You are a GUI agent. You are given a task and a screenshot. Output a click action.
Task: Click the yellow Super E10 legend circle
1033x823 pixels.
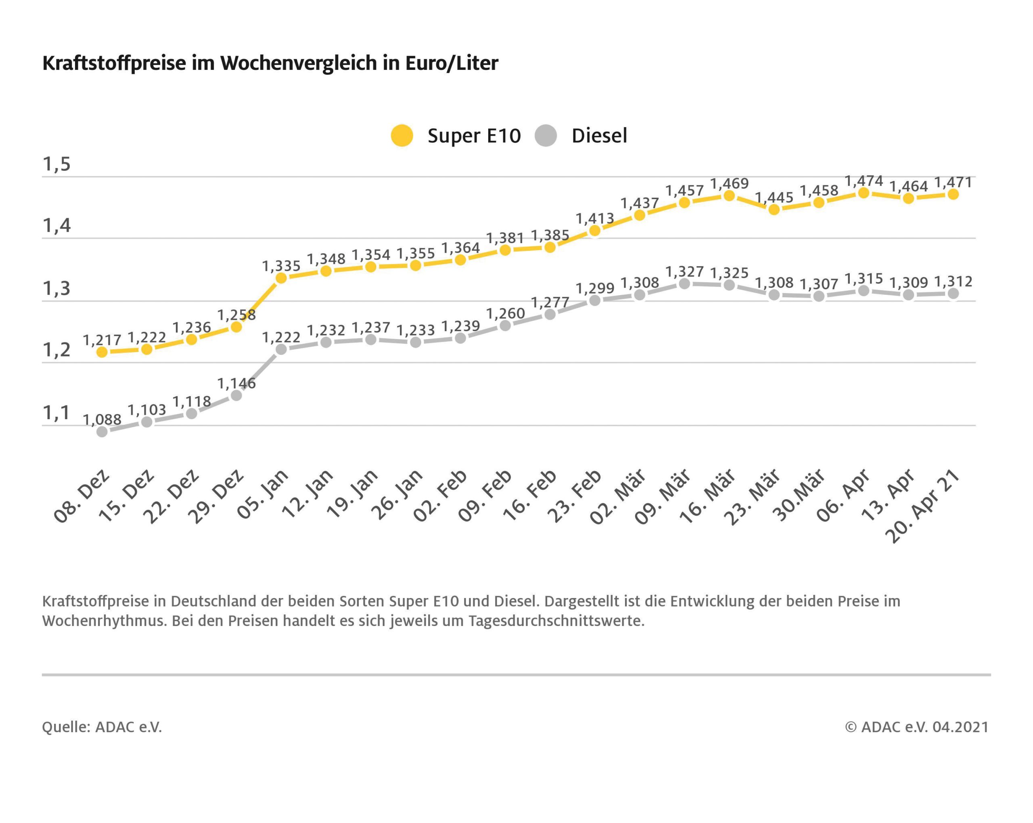click(401, 135)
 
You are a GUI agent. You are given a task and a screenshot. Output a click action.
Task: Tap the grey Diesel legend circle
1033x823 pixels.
click(546, 135)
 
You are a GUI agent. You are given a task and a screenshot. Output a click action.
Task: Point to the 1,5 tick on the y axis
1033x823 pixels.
click(56, 164)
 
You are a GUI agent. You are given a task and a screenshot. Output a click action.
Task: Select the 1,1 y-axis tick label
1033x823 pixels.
click(56, 412)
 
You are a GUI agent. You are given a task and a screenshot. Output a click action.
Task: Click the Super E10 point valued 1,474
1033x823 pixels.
click(864, 193)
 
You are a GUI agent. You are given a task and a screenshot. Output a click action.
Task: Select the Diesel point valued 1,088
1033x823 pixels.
click(102, 432)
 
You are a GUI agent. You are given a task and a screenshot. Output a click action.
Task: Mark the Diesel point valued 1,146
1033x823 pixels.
click(236, 395)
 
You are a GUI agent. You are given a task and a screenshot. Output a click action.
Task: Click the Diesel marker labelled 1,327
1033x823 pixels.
click(685, 283)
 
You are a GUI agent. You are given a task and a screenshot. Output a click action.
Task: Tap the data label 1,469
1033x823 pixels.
click(729, 183)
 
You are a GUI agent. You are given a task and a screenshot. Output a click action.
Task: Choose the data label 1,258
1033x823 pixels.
click(236, 315)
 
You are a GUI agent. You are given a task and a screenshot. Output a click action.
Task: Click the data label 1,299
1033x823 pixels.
click(595, 288)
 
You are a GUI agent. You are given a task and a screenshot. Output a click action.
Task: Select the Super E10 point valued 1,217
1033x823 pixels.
click(102, 352)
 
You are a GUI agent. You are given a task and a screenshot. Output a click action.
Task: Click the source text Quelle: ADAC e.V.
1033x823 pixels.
click(102, 727)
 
